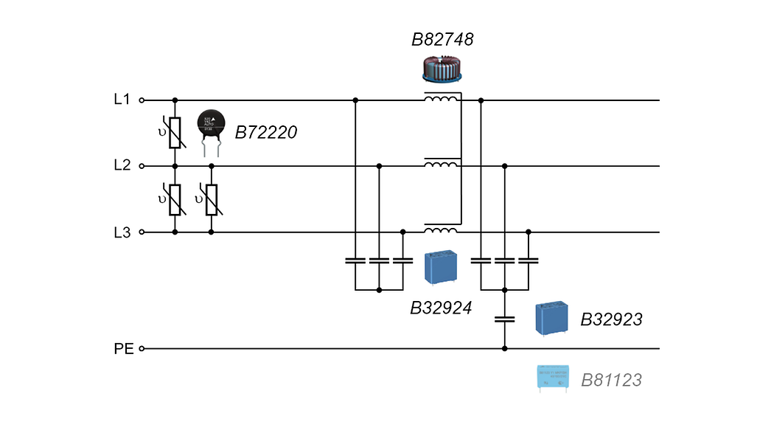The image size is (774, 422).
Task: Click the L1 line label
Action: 122,100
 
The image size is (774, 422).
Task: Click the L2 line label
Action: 122,165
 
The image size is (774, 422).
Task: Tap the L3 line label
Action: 122,232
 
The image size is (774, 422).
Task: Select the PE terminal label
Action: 124,348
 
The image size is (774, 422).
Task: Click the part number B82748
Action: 442,40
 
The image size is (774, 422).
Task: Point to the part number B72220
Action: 266,133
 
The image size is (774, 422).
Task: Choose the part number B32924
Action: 440,307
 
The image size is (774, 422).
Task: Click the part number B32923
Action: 611,320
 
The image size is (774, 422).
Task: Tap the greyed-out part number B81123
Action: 611,381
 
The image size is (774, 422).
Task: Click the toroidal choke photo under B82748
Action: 442,69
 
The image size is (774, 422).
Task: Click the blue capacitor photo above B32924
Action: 442,267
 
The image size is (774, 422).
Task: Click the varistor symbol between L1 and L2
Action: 175,133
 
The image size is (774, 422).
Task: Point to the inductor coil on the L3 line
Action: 440,230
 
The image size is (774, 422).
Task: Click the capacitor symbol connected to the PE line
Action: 504,319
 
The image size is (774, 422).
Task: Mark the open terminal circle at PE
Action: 142,348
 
